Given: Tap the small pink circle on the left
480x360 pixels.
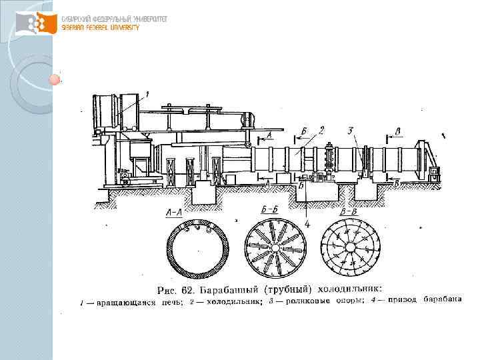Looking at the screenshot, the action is point(55,80).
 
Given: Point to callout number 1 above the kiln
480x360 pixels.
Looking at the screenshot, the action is point(147,94).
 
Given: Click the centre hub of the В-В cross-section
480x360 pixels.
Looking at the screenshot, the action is point(350,248).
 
